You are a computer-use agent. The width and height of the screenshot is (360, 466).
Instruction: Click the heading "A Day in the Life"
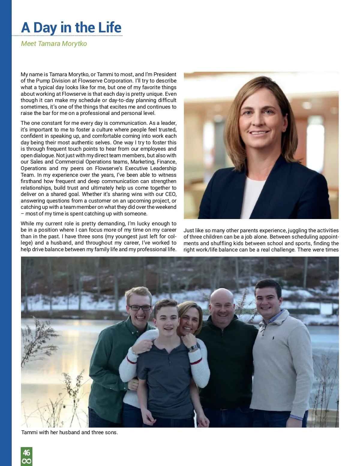click(x=71, y=28)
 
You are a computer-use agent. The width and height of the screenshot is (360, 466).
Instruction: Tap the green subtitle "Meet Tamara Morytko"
click(x=54, y=44)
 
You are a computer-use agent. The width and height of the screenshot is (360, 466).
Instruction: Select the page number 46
click(x=26, y=452)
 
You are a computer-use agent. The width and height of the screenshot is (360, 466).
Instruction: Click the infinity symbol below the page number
click(x=26, y=461)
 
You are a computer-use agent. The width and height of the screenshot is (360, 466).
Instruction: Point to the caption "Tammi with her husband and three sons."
click(x=70, y=432)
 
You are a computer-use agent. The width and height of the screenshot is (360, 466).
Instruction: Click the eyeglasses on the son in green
click(x=139, y=308)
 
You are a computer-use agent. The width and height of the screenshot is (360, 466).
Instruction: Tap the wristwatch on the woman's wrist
click(x=193, y=348)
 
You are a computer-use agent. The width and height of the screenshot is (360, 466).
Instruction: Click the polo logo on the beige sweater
click(x=273, y=338)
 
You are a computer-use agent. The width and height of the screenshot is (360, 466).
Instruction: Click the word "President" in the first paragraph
click(x=165, y=74)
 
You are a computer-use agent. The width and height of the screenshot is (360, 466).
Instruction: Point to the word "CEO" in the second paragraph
click(x=170, y=194)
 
